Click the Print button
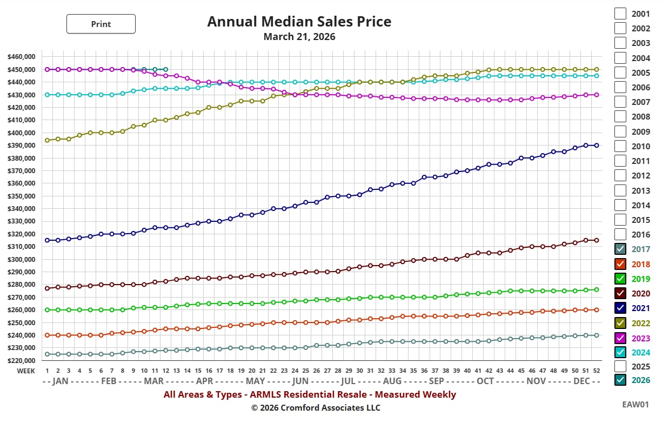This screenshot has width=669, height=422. click(x=101, y=24)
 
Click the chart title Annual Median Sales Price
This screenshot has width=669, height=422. click(x=299, y=22)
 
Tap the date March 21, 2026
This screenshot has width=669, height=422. click(x=299, y=37)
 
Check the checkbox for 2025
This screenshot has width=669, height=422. click(x=620, y=366)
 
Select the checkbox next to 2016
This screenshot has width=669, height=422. click(x=620, y=234)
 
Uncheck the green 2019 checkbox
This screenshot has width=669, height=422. click(x=620, y=279)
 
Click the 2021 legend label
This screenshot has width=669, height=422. click(x=640, y=308)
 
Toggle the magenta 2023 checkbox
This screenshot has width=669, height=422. click(x=620, y=338)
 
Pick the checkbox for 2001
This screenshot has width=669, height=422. click(x=620, y=14)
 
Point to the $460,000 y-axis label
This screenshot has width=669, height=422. click(x=22, y=57)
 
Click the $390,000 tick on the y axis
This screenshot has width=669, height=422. click(x=22, y=146)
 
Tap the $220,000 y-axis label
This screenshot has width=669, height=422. click(x=22, y=361)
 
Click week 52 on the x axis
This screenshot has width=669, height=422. click(x=597, y=371)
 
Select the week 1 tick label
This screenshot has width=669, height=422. click(x=48, y=371)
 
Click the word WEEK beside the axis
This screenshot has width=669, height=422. click(x=25, y=371)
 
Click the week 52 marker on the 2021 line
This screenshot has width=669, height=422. click(x=597, y=146)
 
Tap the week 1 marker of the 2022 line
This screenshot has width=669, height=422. click(x=48, y=140)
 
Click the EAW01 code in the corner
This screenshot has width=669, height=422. click(x=635, y=404)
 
